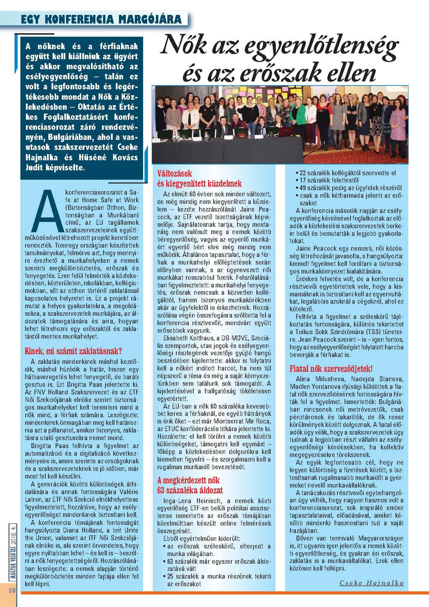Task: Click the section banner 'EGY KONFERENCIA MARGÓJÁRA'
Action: (101, 19)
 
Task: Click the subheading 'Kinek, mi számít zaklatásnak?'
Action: (73, 351)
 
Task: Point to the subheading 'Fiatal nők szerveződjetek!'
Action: (331, 368)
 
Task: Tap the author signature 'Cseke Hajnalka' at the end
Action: (371, 583)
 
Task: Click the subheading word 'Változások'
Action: (174, 174)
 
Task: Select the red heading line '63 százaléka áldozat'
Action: (190, 490)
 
